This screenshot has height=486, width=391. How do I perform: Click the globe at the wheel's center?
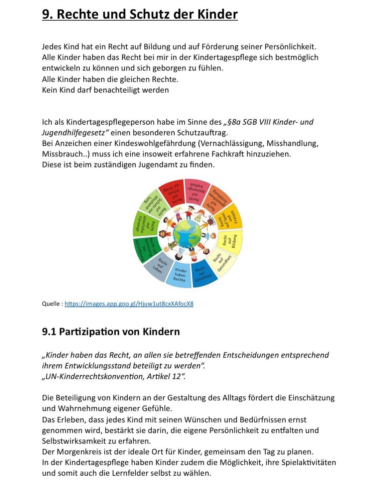(x=187, y=233)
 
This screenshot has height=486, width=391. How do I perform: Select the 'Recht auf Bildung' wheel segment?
(x=230, y=242)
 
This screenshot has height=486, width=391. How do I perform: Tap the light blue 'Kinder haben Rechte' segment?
(x=180, y=274)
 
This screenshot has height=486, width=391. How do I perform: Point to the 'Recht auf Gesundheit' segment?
(x=222, y=261)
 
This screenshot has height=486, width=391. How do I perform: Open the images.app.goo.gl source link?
(x=129, y=304)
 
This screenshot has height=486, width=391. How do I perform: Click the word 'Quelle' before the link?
(x=51, y=304)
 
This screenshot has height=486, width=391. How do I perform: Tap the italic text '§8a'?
(x=234, y=122)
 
